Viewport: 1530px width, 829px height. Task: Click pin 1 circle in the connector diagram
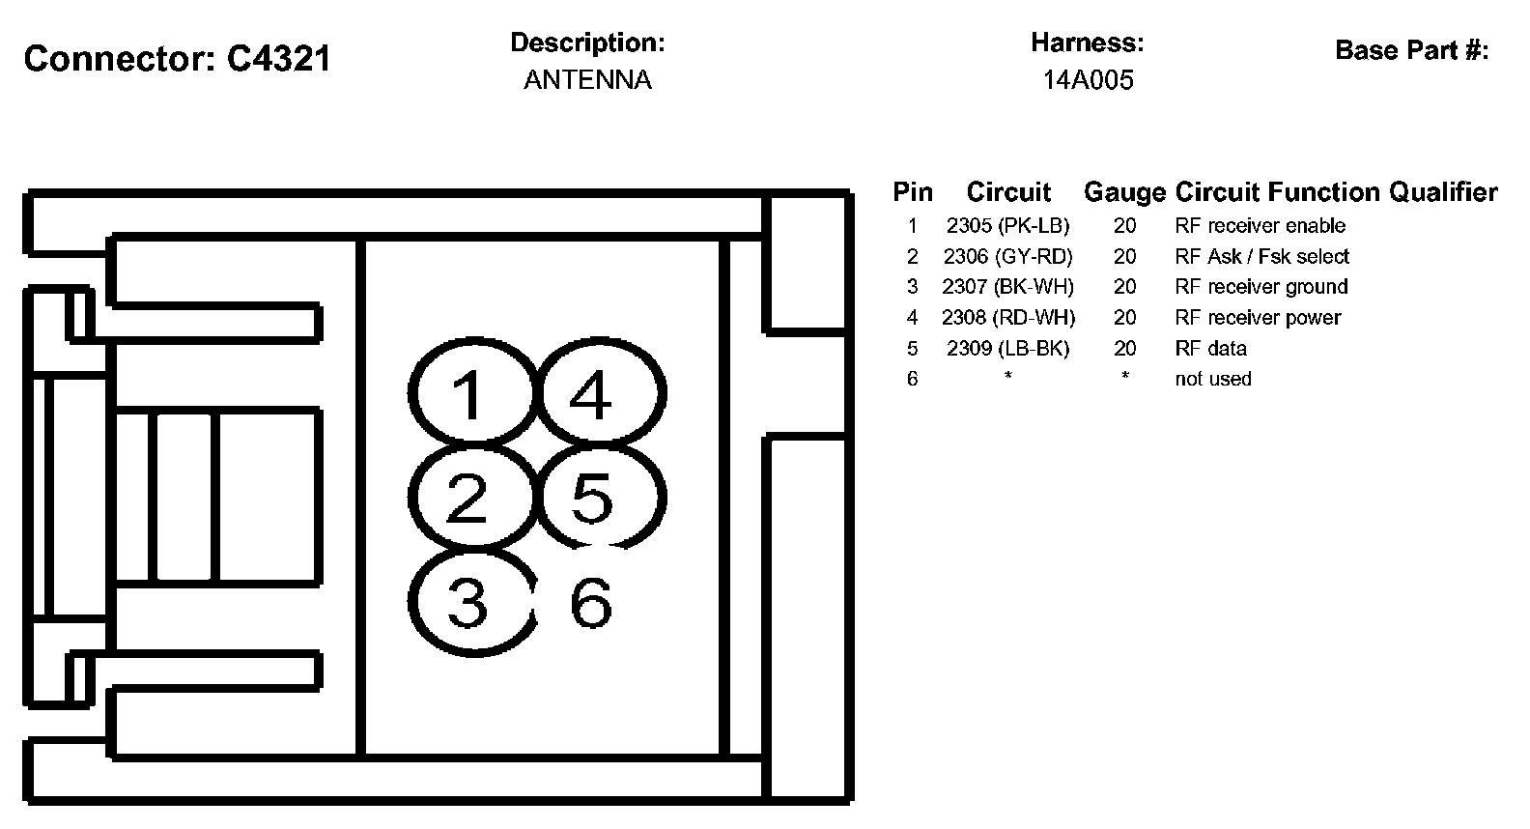(470, 394)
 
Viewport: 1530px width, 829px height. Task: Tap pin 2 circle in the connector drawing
(470, 498)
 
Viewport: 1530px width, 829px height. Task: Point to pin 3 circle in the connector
(470, 602)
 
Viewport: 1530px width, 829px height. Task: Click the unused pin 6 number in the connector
(590, 602)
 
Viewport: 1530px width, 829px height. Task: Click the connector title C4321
(178, 59)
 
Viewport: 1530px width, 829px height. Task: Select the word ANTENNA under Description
(587, 80)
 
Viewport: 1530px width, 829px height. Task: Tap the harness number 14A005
(1088, 80)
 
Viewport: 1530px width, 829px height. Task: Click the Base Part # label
(1411, 50)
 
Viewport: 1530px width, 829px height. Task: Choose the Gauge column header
(1124, 192)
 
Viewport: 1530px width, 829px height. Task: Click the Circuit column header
(1008, 192)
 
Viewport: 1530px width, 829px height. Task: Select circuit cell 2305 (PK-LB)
(1007, 226)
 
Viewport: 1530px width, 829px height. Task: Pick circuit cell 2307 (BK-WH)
(1007, 287)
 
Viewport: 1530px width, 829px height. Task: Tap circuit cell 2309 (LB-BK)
(1007, 349)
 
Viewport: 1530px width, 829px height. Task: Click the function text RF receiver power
(1258, 318)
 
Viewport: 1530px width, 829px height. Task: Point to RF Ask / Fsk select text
(1261, 257)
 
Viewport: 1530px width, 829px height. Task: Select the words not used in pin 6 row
(1212, 380)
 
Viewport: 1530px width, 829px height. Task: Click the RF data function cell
(1210, 349)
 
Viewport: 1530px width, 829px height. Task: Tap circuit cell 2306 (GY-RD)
(1007, 257)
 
